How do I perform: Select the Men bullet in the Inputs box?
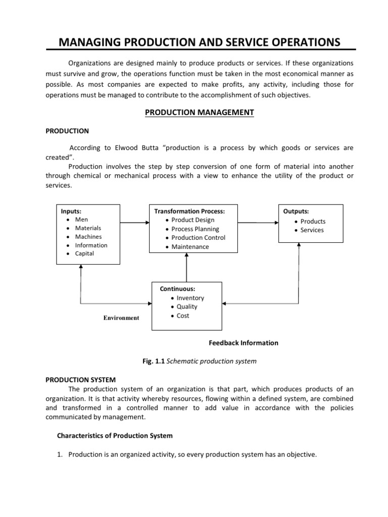(81, 220)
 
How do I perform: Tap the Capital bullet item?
(84, 253)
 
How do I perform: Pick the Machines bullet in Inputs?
(88, 236)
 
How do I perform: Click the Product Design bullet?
(192, 220)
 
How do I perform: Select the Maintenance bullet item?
(189, 247)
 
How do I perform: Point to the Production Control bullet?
(198, 238)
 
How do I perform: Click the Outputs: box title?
(296, 211)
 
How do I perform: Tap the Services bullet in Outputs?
(312, 230)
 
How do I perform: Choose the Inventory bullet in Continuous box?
(190, 298)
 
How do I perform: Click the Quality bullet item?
(186, 306)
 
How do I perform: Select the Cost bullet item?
(183, 316)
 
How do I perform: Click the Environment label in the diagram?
(121, 318)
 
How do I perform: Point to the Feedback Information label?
(244, 343)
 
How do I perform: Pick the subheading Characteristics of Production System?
(114, 436)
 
